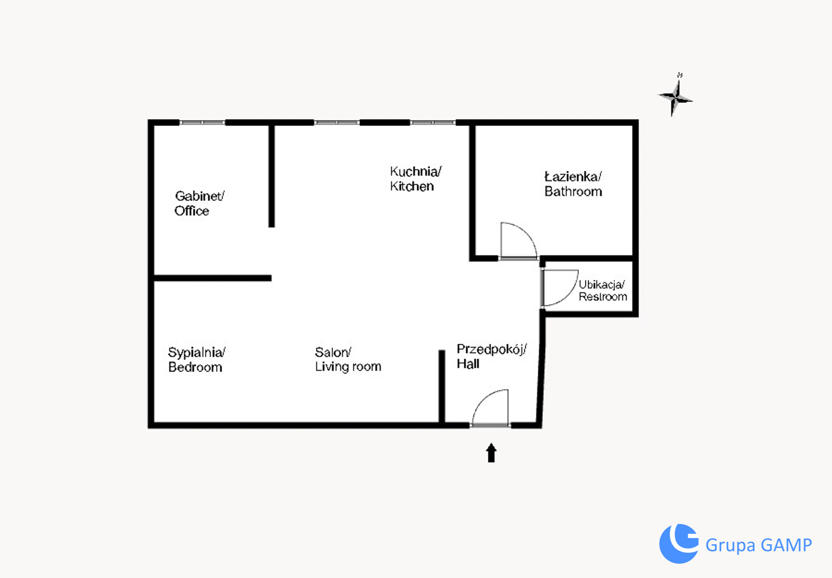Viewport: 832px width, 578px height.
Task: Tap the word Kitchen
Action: [412, 186]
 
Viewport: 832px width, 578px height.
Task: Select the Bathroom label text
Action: [573, 191]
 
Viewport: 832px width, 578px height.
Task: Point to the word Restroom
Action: [603, 297]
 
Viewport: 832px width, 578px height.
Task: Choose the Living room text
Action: [348, 367]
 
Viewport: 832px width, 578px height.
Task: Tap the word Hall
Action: [468, 364]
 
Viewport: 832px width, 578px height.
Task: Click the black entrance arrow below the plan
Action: [491, 452]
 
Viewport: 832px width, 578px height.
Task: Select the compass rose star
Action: [675, 98]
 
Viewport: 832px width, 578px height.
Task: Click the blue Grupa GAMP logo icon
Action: [678, 543]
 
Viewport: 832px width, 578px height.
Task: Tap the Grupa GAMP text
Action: [758, 545]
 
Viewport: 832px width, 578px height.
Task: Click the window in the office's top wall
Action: [202, 122]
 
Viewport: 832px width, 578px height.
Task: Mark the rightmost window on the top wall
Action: [433, 122]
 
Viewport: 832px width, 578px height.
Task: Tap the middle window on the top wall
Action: [337, 122]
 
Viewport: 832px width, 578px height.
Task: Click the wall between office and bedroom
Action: [212, 278]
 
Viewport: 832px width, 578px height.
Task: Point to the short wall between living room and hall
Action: [442, 386]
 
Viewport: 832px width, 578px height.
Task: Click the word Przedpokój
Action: [492, 350]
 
